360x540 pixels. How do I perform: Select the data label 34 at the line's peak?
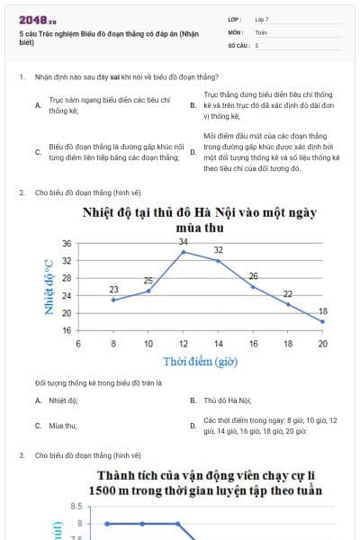(183, 242)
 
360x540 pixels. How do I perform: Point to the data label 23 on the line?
(113, 289)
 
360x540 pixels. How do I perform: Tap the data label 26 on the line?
(253, 275)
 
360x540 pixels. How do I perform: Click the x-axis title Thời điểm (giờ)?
(200, 361)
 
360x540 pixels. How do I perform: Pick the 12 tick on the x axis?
(184, 344)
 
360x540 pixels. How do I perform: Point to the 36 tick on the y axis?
(67, 244)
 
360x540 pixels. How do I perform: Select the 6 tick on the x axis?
(78, 344)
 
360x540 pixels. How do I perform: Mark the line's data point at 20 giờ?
(323, 321)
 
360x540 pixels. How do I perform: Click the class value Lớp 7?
(262, 19)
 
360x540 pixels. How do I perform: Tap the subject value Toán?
(261, 31)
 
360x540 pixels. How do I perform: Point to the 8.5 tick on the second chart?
(76, 506)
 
